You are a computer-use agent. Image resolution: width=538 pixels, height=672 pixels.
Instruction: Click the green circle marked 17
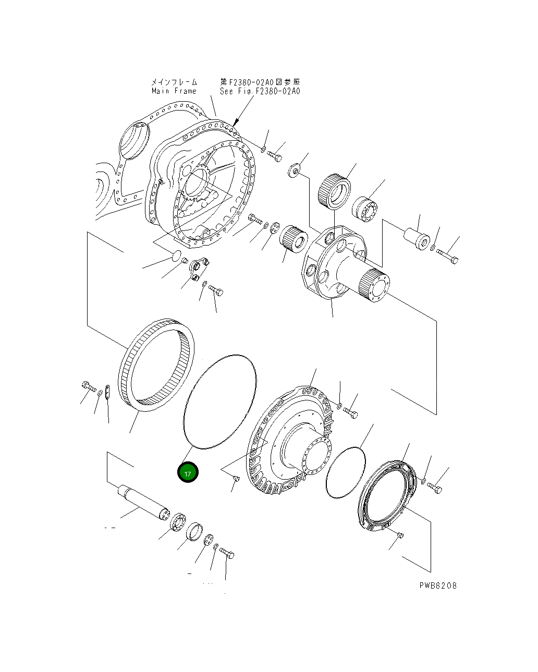[188, 473]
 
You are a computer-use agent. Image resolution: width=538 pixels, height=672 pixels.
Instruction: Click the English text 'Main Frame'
[174, 91]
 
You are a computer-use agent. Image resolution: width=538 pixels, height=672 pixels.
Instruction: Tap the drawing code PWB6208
[438, 585]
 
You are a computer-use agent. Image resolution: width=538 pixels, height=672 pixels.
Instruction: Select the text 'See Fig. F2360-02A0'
[260, 91]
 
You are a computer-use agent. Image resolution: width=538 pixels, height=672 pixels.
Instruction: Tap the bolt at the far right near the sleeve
[447, 256]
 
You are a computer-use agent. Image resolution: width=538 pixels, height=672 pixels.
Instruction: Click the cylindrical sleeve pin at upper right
[418, 237]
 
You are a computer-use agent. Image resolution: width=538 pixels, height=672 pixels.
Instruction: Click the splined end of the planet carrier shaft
[373, 287]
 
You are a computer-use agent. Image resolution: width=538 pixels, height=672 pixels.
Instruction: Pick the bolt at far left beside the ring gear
[88, 386]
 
